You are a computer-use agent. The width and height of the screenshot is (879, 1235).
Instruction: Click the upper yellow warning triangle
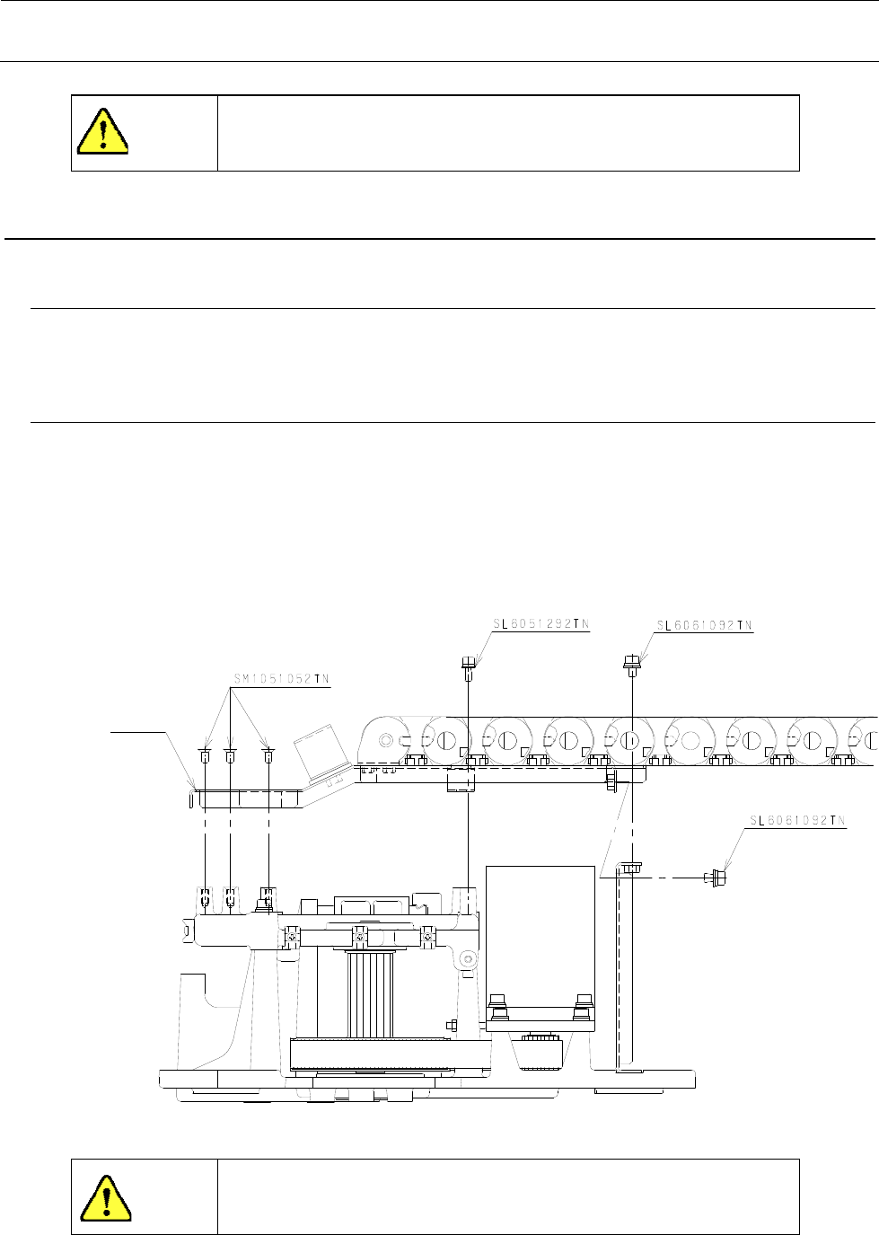(103, 132)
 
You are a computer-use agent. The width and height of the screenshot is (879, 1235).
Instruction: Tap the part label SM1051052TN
(276, 680)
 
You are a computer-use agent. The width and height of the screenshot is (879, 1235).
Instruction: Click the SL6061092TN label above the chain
(705, 625)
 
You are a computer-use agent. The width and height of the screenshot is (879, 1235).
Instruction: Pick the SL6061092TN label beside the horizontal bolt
(798, 820)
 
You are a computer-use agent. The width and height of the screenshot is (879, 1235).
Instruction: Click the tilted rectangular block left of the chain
(321, 746)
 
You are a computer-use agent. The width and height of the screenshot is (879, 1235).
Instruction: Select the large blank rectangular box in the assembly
(540, 934)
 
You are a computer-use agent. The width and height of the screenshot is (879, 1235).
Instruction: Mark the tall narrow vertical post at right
(624, 970)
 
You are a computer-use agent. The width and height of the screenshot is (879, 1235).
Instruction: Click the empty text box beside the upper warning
(508, 133)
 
